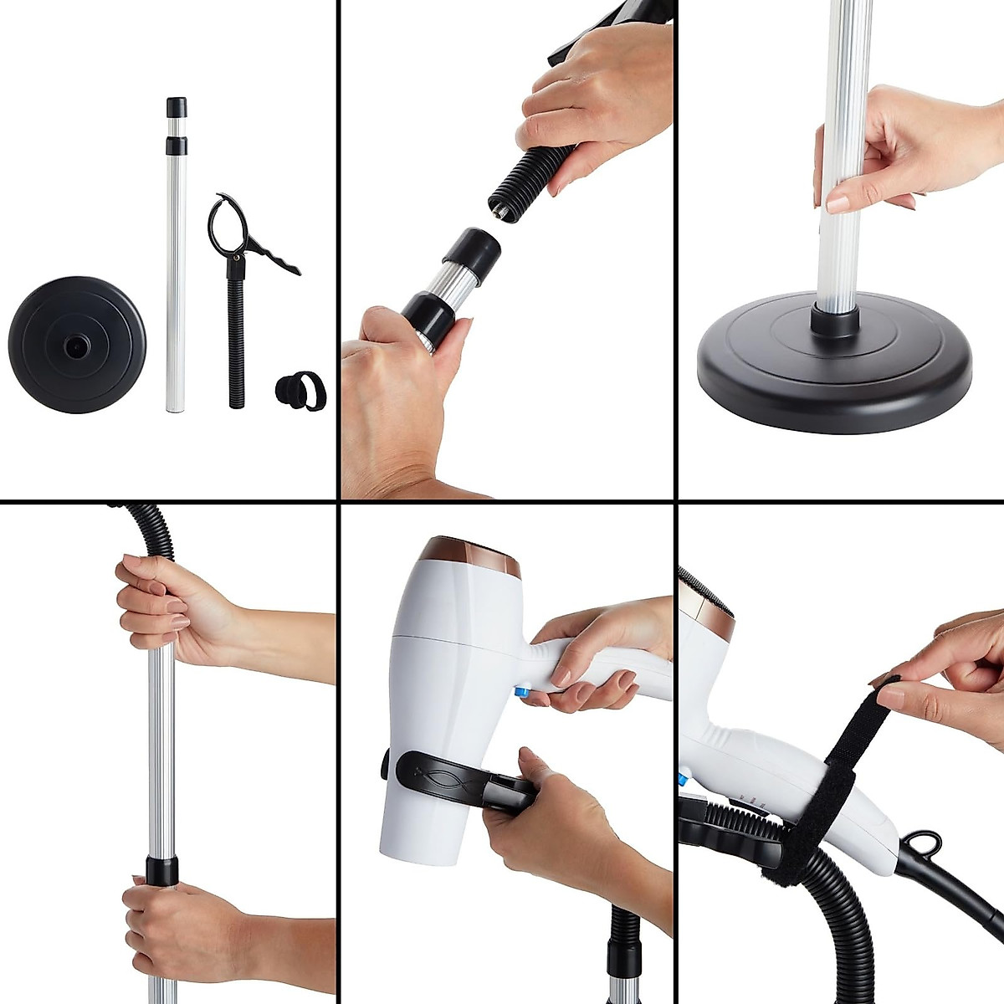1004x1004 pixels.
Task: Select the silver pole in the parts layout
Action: [x=174, y=276]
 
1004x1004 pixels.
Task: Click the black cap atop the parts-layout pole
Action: [x=176, y=107]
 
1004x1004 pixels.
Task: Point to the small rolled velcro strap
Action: [x=300, y=391]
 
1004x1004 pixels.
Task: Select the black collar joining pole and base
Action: [x=834, y=320]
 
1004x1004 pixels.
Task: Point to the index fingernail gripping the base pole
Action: [x=838, y=203]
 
